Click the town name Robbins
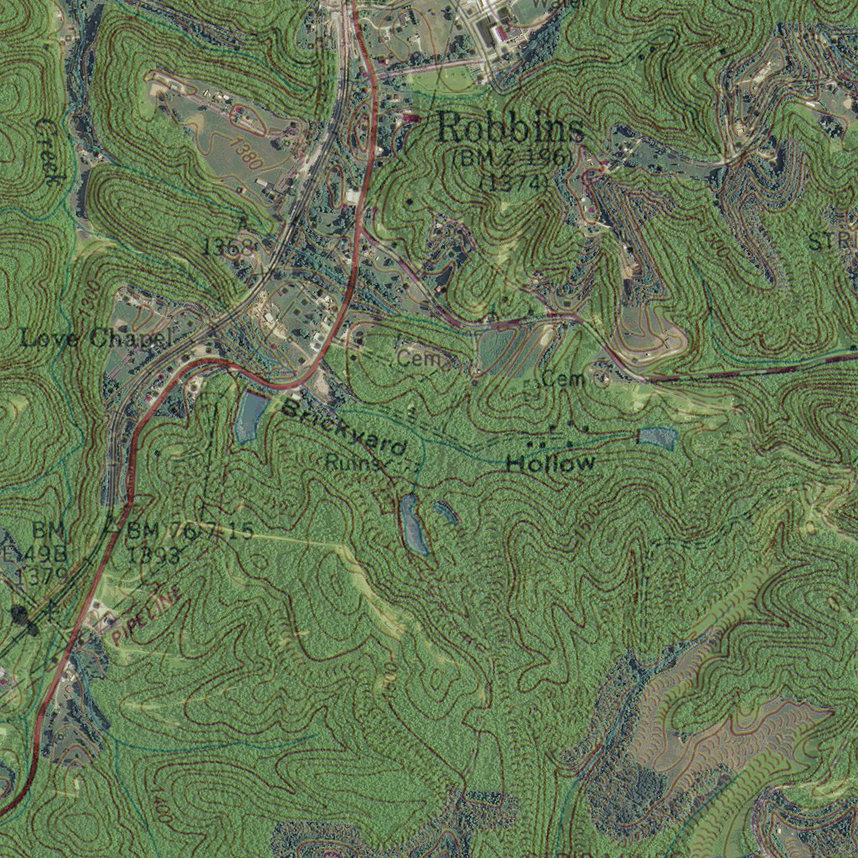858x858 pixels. pyautogui.click(x=510, y=129)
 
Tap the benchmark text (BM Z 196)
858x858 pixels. pyautogui.click(x=512, y=157)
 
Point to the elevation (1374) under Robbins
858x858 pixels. pyautogui.click(x=514, y=182)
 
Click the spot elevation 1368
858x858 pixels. pyautogui.click(x=227, y=246)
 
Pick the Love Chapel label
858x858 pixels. pyautogui.click(x=96, y=339)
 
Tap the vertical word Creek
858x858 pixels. pyautogui.click(x=49, y=151)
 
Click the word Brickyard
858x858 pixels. pyautogui.click(x=344, y=429)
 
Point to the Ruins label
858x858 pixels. pyautogui.click(x=353, y=462)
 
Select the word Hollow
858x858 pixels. pyautogui.click(x=550, y=463)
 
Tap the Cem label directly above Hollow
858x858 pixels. pyautogui.click(x=562, y=379)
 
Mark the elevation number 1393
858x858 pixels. pyautogui.click(x=154, y=555)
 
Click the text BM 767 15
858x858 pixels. pyautogui.click(x=189, y=531)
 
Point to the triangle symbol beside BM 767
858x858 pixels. pyautogui.click(x=111, y=527)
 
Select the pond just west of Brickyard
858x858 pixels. pyautogui.click(x=250, y=416)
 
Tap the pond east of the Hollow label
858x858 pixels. pyautogui.click(x=657, y=437)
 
